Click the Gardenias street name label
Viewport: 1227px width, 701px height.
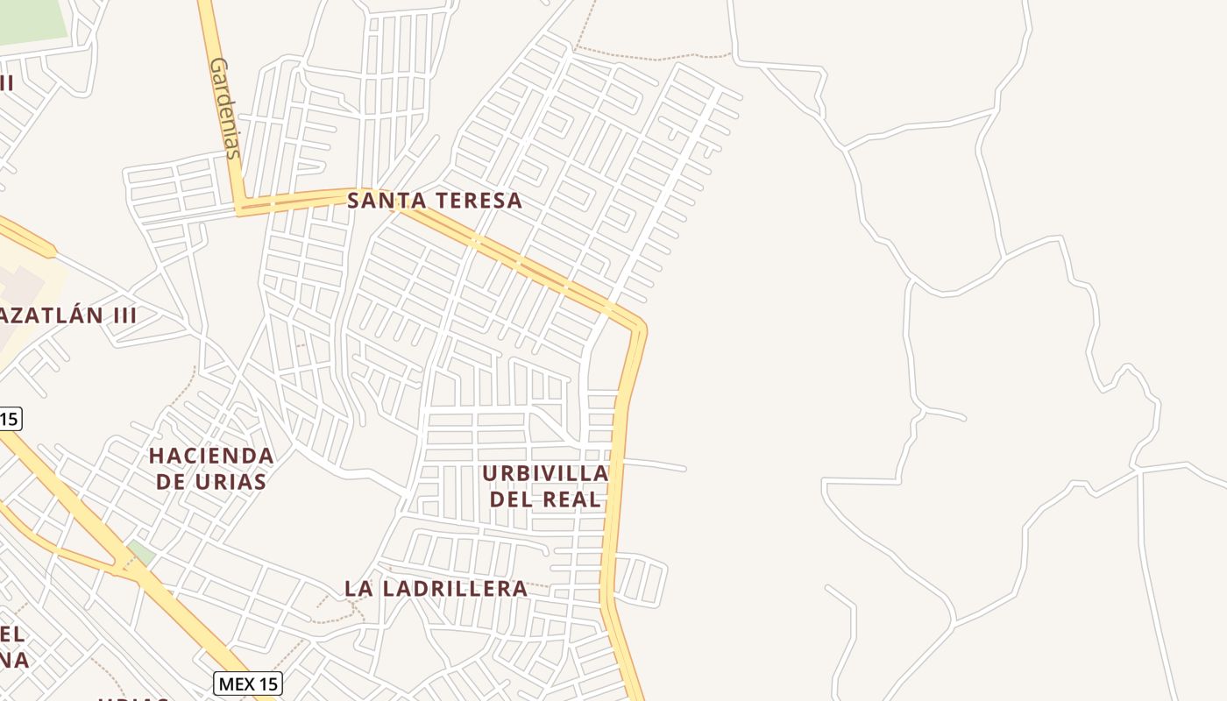click(x=224, y=109)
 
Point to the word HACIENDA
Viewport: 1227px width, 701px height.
click(x=211, y=456)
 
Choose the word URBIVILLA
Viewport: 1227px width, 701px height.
click(x=545, y=473)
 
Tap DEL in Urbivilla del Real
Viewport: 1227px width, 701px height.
click(x=510, y=499)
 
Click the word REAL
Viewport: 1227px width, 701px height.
click(x=571, y=499)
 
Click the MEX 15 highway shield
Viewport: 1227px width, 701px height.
click(x=248, y=683)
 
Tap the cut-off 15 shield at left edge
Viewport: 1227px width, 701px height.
click(x=9, y=419)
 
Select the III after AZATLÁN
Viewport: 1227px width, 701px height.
click(x=121, y=315)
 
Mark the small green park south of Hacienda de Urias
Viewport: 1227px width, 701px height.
click(x=140, y=553)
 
